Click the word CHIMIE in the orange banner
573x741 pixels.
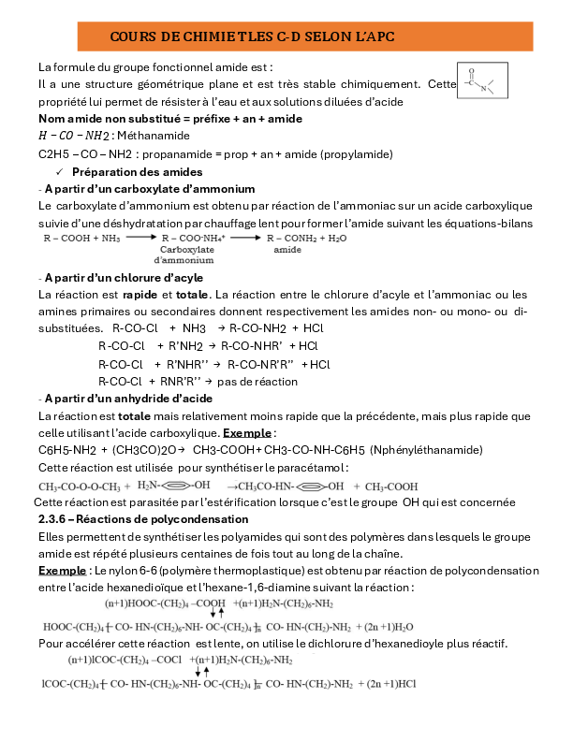pos(186,36)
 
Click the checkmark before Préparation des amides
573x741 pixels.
pos(61,172)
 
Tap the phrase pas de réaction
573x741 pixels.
pos(257,381)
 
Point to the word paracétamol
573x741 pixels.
pos(317,467)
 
